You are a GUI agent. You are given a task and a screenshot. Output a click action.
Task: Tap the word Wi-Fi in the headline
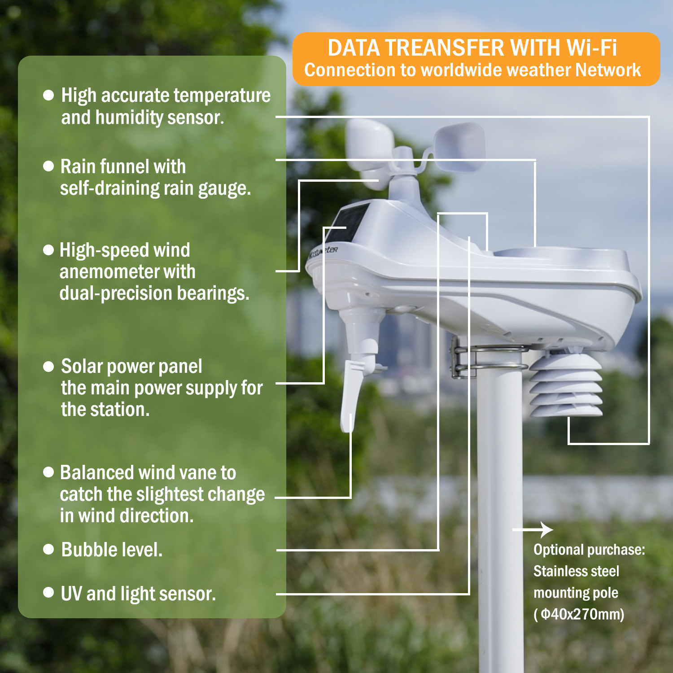(591, 48)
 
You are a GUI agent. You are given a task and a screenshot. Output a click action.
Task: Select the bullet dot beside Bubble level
(48, 550)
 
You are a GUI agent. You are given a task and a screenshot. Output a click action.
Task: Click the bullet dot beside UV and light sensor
(48, 593)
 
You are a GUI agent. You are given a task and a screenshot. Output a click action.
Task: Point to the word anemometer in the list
(127, 272)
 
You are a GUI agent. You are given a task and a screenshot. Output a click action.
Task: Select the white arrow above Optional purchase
(534, 530)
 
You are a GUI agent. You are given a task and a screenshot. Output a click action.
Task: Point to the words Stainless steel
(576, 571)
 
